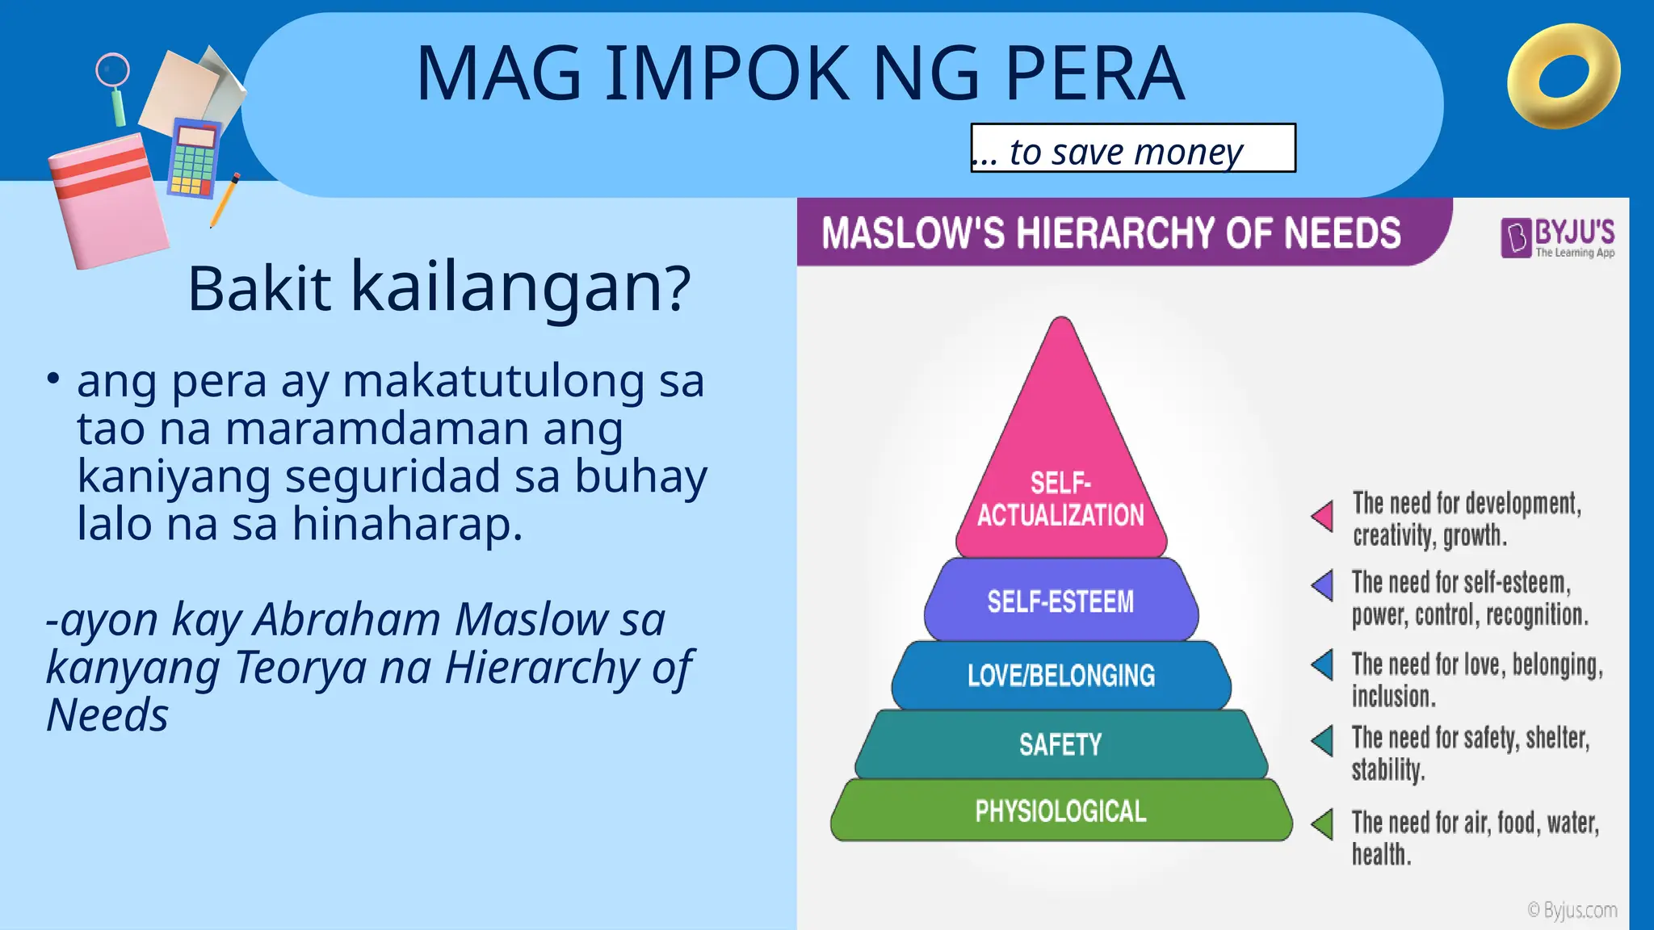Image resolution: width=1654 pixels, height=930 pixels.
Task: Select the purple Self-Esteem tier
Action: click(x=1061, y=601)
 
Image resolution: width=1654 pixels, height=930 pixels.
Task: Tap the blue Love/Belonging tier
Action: click(x=1061, y=675)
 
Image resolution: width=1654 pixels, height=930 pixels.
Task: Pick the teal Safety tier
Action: click(x=1061, y=744)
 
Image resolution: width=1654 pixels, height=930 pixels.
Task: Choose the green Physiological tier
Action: click(x=1061, y=811)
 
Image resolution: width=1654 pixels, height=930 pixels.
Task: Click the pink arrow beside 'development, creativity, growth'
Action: click(x=1324, y=517)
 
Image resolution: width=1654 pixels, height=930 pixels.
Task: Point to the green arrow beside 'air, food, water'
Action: click(x=1323, y=824)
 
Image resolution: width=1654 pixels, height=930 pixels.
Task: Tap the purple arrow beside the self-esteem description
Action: click(x=1323, y=585)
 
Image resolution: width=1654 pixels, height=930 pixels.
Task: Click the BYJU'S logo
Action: click(x=1557, y=237)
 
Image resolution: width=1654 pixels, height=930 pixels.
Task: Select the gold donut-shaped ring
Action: click(x=1564, y=77)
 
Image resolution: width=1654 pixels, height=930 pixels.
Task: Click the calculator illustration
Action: click(x=193, y=158)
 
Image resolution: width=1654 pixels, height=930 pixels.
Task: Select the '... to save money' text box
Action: click(x=1132, y=149)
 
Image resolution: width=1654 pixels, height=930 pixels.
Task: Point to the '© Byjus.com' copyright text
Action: click(x=1572, y=911)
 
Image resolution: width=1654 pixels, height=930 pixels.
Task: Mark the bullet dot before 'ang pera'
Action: click(x=53, y=378)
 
